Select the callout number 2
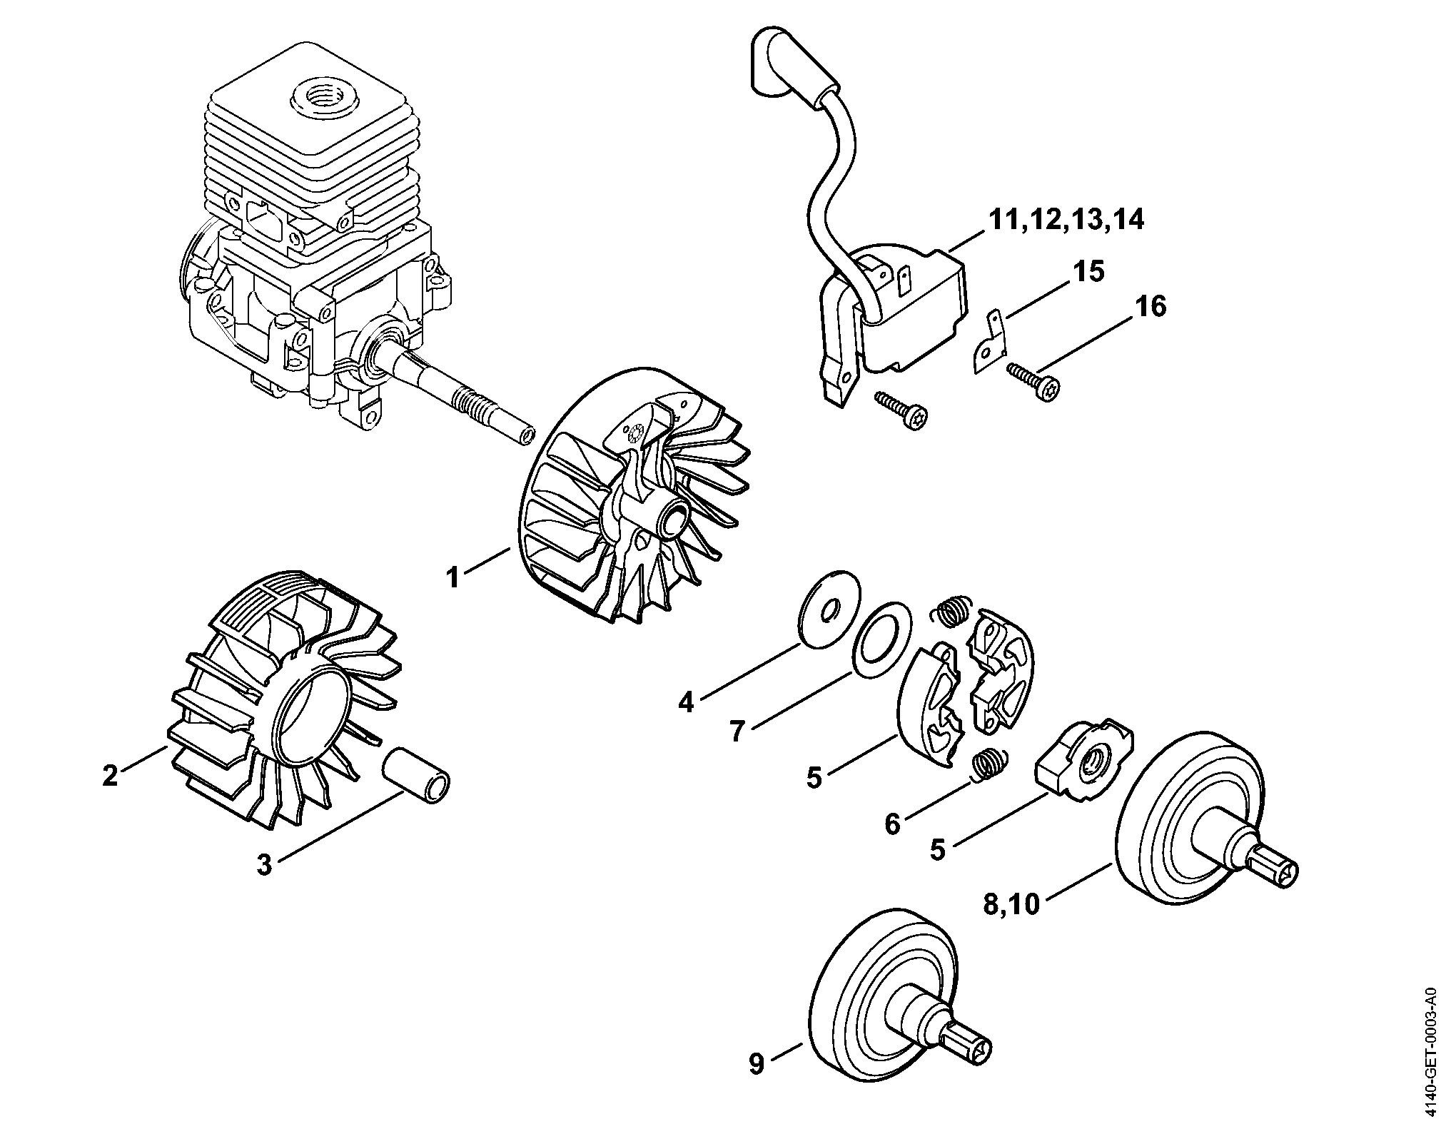[110, 775]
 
